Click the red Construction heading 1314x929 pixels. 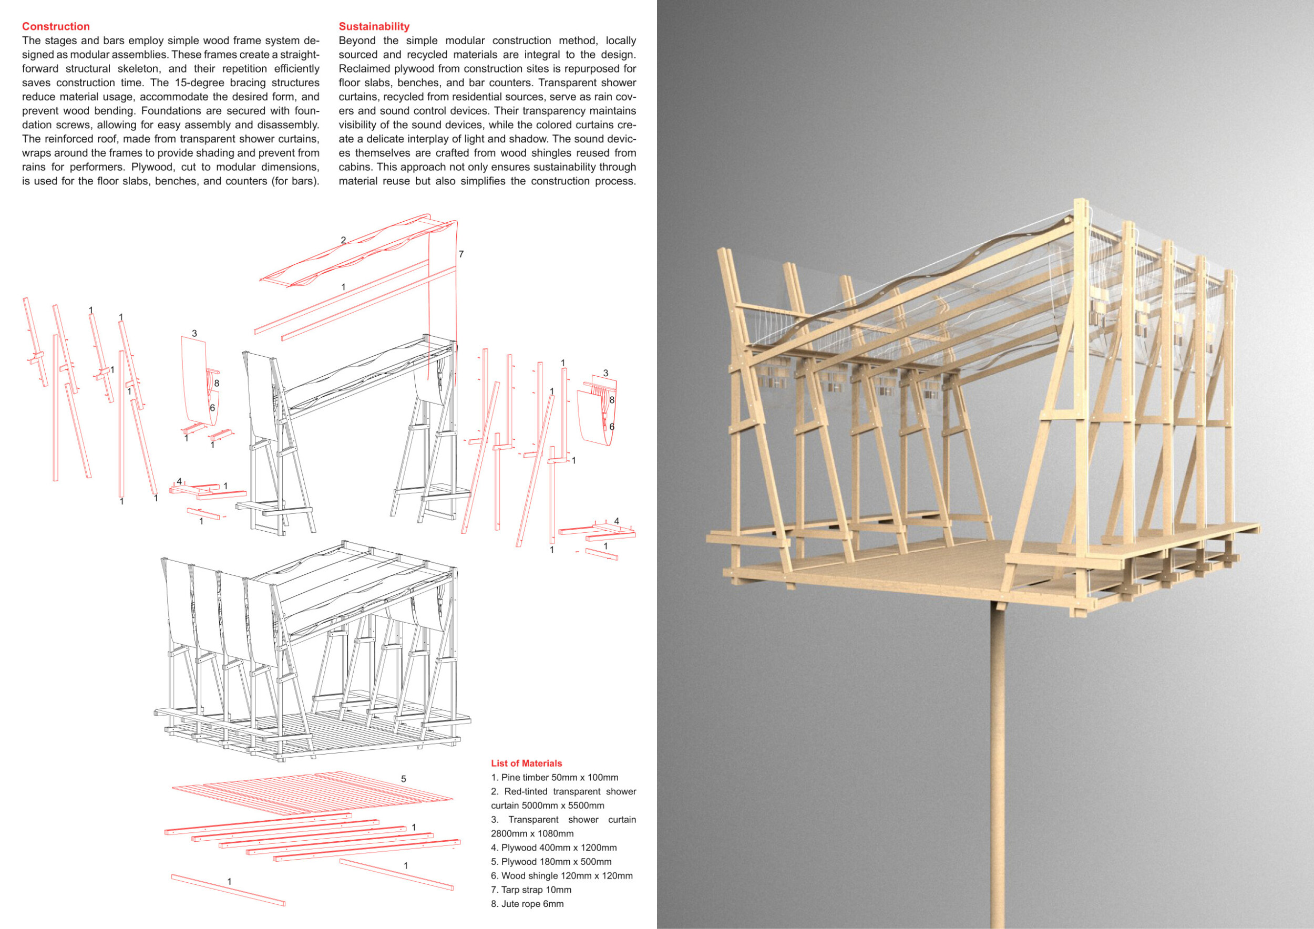click(x=56, y=26)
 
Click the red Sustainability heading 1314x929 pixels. click(x=374, y=26)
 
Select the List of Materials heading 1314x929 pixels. click(x=526, y=763)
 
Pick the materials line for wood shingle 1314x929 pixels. click(x=561, y=875)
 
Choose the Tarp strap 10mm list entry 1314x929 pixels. click(x=530, y=890)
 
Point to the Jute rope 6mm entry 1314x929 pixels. click(x=527, y=904)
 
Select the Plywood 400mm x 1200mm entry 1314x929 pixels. click(x=553, y=847)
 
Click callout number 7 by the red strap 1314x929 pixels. click(x=461, y=254)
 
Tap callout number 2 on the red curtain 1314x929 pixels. click(x=343, y=240)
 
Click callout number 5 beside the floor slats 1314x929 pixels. click(x=404, y=779)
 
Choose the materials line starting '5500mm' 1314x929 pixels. click(x=547, y=806)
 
